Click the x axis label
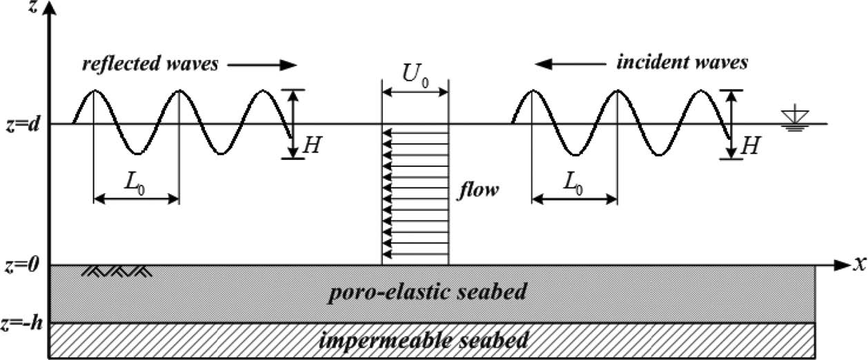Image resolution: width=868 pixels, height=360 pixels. [x=859, y=264]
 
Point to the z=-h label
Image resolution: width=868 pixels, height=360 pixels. [x=21, y=321]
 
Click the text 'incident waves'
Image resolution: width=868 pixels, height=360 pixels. [x=682, y=64]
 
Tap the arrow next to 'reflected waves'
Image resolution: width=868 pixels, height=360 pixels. [x=262, y=65]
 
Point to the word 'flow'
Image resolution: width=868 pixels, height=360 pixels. [x=480, y=189]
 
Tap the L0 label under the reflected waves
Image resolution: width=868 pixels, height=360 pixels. [x=136, y=185]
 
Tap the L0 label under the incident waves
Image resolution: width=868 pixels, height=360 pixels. [x=574, y=185]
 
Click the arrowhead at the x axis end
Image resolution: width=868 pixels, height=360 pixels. [x=842, y=265]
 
